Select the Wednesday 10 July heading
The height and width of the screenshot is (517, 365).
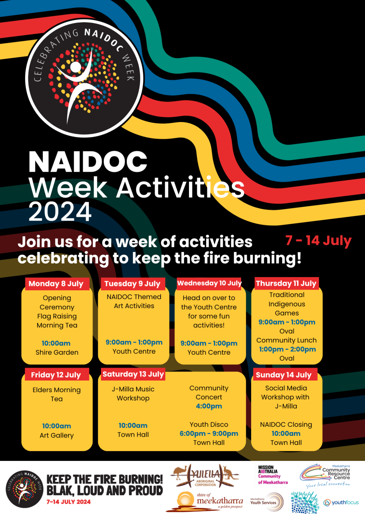pyautogui.click(x=209, y=283)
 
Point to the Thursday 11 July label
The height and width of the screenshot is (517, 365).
pyautogui.click(x=287, y=284)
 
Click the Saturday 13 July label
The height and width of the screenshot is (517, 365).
pyautogui.click(x=133, y=374)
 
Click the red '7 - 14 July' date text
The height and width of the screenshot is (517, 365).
pyautogui.click(x=319, y=241)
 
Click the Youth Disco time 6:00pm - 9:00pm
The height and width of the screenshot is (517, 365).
pyautogui.click(x=209, y=433)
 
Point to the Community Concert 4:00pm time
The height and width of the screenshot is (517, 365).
pyautogui.click(x=209, y=406)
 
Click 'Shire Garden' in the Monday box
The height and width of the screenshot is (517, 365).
pyautogui.click(x=57, y=353)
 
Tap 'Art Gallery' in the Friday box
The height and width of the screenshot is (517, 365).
pyautogui.click(x=57, y=435)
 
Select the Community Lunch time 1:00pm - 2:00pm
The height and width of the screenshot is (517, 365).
pyautogui.click(x=287, y=349)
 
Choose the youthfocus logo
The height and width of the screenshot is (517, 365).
pyautogui.click(x=341, y=502)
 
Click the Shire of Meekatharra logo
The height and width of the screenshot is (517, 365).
pyautogui.click(x=204, y=502)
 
